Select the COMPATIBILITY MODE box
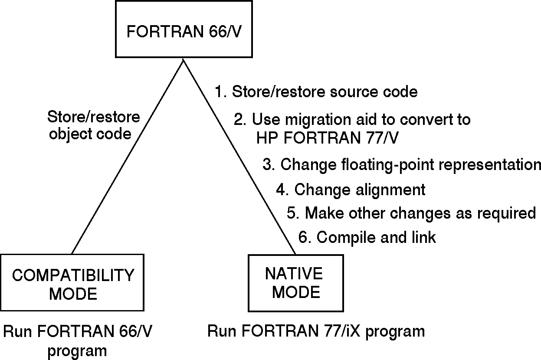pyautogui.click(x=72, y=282)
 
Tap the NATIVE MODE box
pyautogui.click(x=295, y=282)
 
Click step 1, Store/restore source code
pyautogui.click(x=316, y=92)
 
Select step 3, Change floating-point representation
pyautogui.click(x=402, y=165)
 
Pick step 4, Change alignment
pyautogui.click(x=351, y=190)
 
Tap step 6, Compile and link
pyautogui.click(x=367, y=237)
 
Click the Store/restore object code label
pyautogui.click(x=93, y=125)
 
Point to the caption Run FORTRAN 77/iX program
pyautogui.click(x=316, y=331)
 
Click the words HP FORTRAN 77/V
pyautogui.click(x=328, y=137)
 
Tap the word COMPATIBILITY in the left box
pyautogui.click(x=73, y=275)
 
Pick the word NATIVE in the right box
pyautogui.click(x=294, y=274)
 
